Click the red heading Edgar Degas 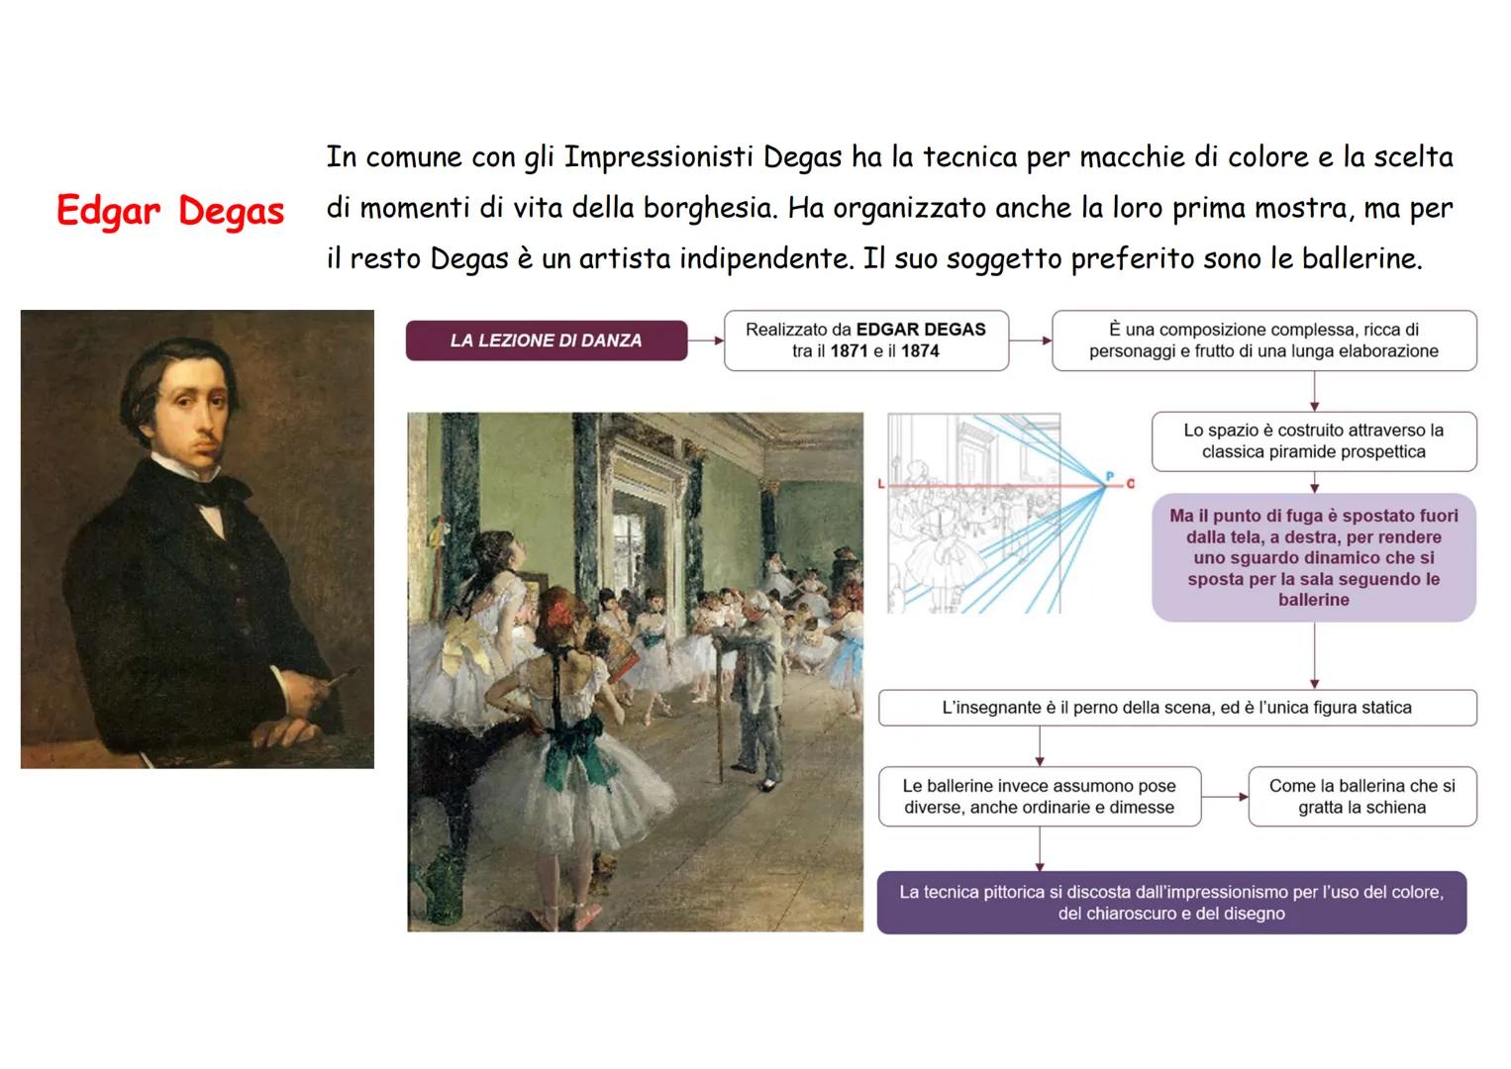point(170,211)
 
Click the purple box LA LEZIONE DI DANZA point(546,340)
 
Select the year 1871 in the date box point(849,351)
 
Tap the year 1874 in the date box point(920,351)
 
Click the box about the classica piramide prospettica point(1313,441)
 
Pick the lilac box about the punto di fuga point(1313,557)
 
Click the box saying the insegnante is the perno point(1176,708)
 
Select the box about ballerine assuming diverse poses point(1039,797)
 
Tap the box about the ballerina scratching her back point(1361,797)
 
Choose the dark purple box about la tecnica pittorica point(1171,903)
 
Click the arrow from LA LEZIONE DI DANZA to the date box point(706,340)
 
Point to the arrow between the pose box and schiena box point(1225,797)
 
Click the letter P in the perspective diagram point(1110,477)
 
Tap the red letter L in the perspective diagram point(881,484)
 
